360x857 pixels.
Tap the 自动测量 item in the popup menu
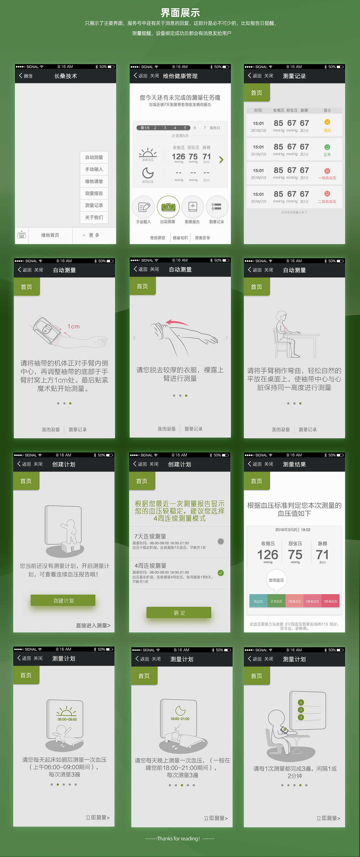coord(94,157)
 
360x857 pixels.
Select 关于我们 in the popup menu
coord(94,217)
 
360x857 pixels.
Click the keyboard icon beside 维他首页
coord(22,235)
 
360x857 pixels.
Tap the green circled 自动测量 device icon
coord(168,207)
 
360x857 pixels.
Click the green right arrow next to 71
coord(221,160)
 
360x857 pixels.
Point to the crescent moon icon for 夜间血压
coord(148,173)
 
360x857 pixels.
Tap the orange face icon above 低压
coord(327,122)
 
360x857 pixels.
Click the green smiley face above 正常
coord(327,147)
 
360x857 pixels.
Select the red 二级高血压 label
coord(327,202)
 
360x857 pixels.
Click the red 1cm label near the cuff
coord(73,327)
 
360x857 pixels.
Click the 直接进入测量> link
coord(93,625)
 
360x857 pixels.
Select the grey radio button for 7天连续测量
coord(220,541)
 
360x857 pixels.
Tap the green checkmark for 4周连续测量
coord(220,573)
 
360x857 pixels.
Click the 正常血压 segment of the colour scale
coord(276,601)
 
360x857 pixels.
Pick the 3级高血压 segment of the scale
coord(330,601)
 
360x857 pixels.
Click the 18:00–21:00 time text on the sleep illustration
coord(180,719)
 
